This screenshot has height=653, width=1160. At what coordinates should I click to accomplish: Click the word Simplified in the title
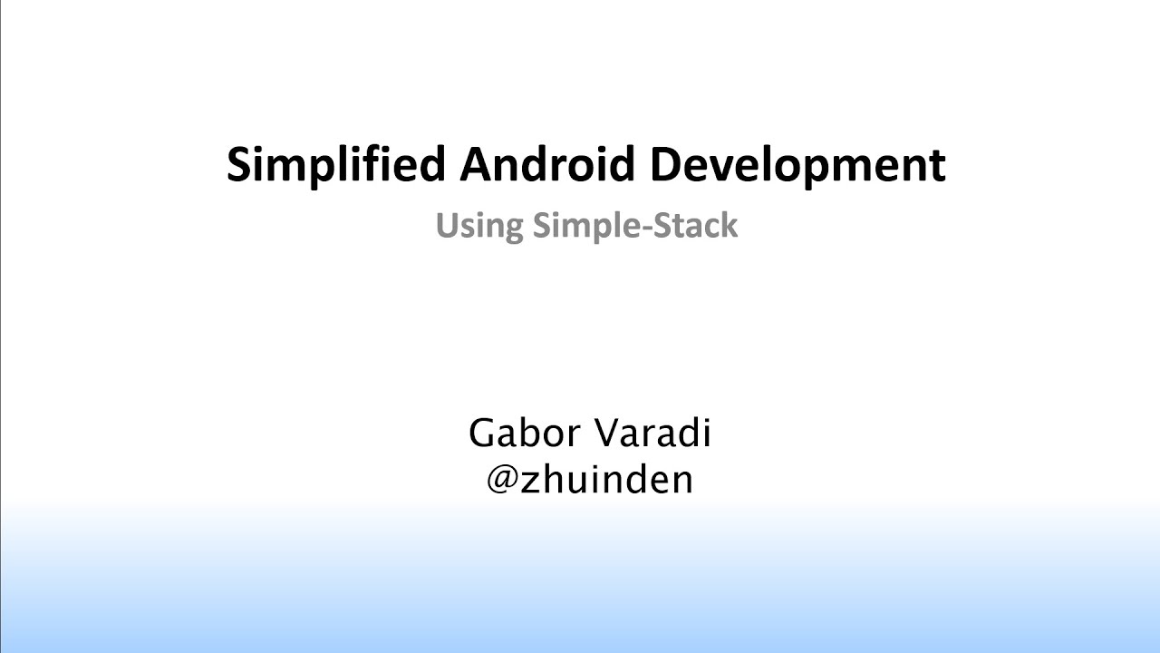(335, 165)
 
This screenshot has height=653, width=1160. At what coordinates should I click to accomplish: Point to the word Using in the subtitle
(478, 226)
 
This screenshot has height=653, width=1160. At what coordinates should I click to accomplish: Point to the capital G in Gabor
(483, 434)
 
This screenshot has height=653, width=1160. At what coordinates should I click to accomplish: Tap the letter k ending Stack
(729, 226)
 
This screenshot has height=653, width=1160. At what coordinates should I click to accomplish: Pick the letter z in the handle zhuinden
(531, 481)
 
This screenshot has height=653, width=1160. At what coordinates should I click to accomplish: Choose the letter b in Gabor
(528, 434)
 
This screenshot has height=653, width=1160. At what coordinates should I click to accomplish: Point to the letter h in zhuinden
(553, 479)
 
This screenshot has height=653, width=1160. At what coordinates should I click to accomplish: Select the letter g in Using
(511, 229)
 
